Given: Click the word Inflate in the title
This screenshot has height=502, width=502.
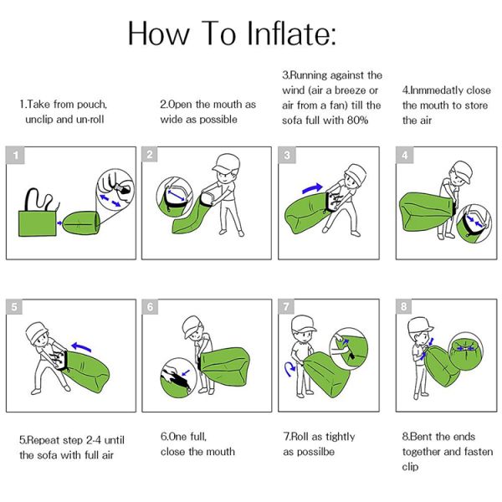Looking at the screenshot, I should click(x=279, y=34).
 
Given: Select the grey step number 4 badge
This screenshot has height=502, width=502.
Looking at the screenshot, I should click(x=404, y=155).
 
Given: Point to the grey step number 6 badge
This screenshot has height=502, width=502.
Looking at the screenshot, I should click(x=150, y=307).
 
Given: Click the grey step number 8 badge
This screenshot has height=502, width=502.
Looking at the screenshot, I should click(x=404, y=307).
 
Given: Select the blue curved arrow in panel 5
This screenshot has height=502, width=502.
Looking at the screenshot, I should click(x=81, y=344).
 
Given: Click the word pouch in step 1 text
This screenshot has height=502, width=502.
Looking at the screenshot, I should click(x=90, y=105).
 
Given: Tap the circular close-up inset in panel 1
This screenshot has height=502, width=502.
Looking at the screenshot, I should click(x=115, y=188).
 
